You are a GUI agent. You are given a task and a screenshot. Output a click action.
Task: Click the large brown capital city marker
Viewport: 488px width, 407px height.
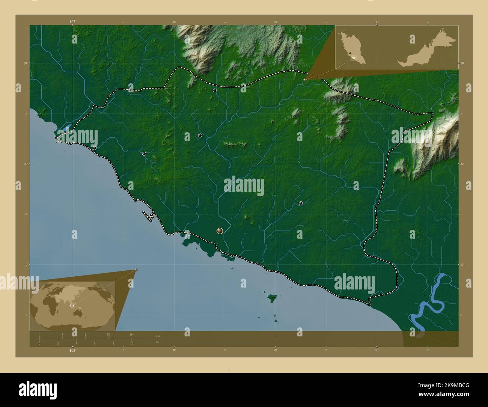pos(220,231)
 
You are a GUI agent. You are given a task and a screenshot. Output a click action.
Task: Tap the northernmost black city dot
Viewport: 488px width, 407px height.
pos(215,90)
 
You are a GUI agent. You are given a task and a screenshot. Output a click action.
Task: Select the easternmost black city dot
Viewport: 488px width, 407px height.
pos(301,203)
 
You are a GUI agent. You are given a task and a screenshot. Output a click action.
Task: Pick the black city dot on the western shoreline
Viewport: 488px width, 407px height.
pos(95,148)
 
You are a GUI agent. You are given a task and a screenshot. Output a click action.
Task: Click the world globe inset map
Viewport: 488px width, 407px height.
pos(73,305)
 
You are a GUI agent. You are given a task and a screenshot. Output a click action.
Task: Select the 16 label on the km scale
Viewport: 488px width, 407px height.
pos(131,334)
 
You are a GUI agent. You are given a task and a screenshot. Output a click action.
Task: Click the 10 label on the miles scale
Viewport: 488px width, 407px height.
pos(131,344)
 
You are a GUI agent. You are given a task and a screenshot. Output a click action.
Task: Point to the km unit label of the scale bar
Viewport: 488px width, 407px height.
pos(158,336)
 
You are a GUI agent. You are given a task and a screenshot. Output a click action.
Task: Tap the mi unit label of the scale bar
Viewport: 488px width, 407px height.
pos(157,342)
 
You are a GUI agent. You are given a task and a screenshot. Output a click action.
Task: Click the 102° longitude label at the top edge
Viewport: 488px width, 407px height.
pos(73,22)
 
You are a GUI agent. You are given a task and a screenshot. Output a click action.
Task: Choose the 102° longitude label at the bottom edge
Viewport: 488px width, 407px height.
pos(73,350)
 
